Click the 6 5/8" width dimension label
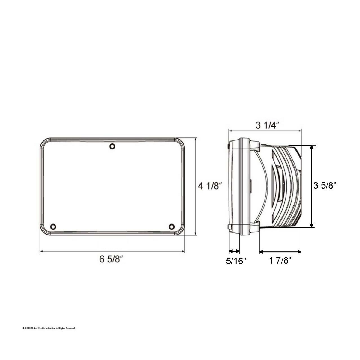pos(112,259)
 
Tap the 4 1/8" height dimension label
pos(210,186)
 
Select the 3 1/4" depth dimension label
pos(268,125)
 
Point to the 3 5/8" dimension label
pos(325,186)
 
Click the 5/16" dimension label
pos(236,261)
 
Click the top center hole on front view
pos(112,146)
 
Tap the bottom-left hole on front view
pos(53,226)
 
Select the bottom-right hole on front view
pos(172,226)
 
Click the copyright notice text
pos(49,328)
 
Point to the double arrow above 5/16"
pos(234,251)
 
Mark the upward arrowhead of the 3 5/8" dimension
pos(312,148)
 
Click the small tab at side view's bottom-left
pos(229,227)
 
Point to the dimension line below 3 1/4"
pos(265,131)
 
